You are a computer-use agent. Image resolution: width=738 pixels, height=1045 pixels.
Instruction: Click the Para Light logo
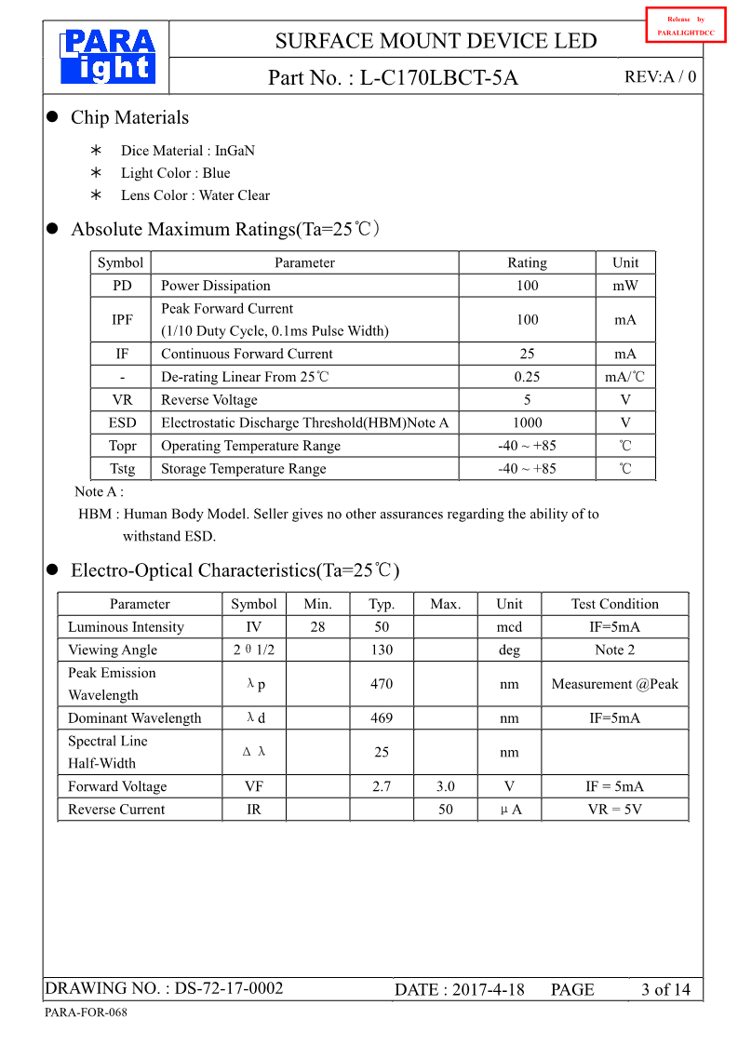pos(107,57)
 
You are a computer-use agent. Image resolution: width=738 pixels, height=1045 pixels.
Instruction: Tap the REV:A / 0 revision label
pos(660,77)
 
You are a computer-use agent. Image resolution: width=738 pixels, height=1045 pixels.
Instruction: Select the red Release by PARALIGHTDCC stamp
pos(685,25)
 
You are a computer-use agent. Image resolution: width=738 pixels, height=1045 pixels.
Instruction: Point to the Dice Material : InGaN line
pos(187,151)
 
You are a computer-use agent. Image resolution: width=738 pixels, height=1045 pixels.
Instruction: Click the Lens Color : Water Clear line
pos(195,195)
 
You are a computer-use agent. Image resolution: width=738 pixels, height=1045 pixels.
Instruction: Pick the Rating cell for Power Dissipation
pos(527,286)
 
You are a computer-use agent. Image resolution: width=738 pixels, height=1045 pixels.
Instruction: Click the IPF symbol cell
pos(122,320)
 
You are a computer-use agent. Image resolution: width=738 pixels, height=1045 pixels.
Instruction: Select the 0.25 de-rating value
pos(527,377)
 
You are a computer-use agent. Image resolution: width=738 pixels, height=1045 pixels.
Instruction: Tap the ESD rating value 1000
pos(527,422)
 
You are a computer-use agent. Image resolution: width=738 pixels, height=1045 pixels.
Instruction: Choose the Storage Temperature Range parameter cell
pos(243,469)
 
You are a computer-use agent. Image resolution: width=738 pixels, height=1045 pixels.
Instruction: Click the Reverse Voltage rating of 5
pos(527,400)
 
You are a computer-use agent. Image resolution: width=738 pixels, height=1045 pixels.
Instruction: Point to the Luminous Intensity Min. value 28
pos(317,627)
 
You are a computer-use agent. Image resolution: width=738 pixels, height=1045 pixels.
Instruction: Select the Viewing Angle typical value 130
pos(382,650)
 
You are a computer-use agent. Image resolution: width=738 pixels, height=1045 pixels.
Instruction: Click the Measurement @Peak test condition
pos(614,684)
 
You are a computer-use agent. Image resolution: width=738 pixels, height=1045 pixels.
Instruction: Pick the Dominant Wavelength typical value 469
pos(382,718)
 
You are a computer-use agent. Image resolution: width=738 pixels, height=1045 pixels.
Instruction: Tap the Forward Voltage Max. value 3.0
pos(446,786)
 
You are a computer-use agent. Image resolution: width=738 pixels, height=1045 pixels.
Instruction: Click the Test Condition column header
pos(614,604)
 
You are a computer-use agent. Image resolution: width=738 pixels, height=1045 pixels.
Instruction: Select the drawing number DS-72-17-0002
pos(229,988)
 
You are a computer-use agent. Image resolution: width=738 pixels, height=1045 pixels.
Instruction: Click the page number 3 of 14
pos(665,989)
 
